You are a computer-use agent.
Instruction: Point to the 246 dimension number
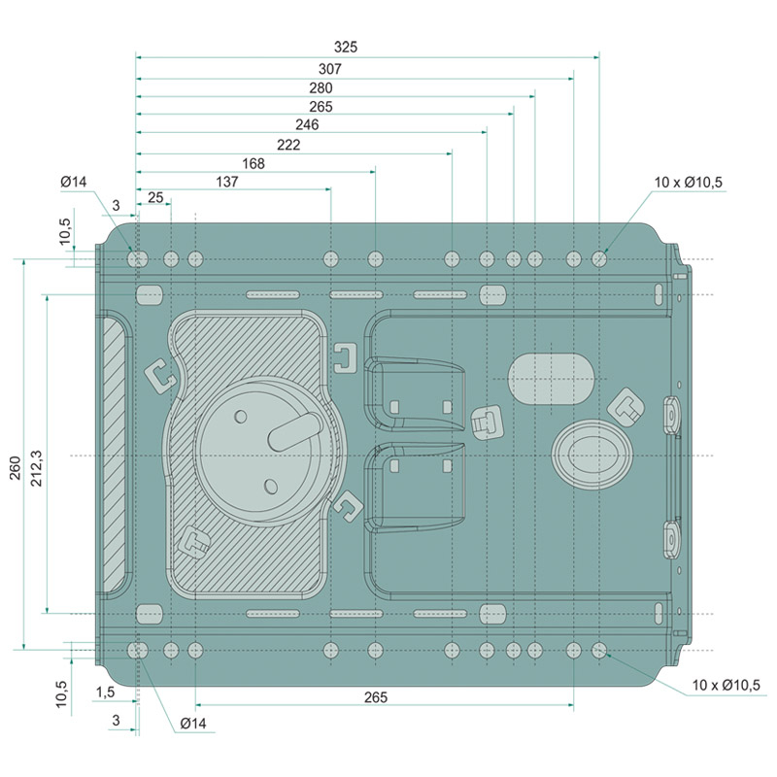tap(307, 124)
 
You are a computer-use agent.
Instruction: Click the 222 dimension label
tap(288, 145)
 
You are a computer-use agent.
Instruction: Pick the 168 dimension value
tap(253, 163)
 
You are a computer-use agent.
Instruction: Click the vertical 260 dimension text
tap(15, 468)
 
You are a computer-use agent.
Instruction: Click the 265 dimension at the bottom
tap(376, 697)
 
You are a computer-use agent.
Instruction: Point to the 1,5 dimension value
tap(108, 692)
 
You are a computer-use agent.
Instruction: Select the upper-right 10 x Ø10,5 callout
tap(689, 182)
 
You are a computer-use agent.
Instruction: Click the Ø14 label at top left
tap(74, 182)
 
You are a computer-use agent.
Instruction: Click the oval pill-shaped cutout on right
tap(552, 378)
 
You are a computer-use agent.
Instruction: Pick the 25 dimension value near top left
tap(154, 198)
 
